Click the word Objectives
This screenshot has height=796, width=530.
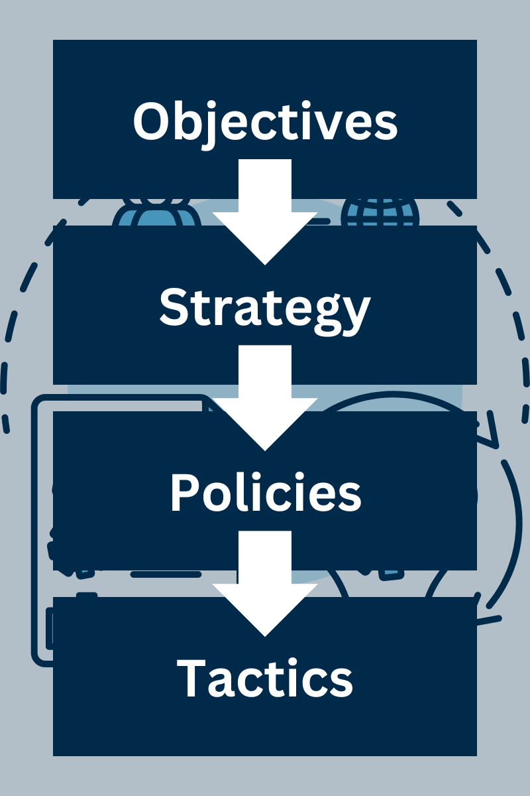265,121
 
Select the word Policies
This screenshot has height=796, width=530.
265,493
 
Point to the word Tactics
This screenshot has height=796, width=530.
265,678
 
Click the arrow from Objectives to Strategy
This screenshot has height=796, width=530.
265,212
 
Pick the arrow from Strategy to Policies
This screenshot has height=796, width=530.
265,398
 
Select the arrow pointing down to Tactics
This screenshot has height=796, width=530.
265,584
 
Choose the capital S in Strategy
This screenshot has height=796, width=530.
174,306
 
